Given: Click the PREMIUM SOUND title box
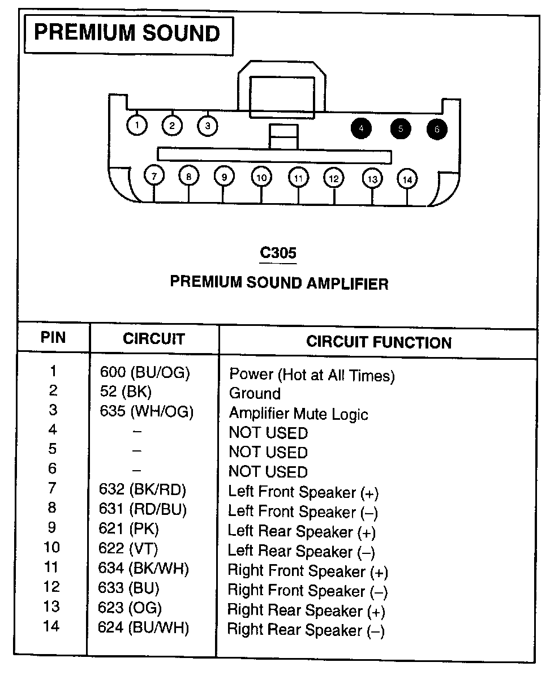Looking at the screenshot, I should [x=128, y=33].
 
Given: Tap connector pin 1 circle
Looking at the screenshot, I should [x=137, y=126].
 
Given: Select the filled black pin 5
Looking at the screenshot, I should [x=400, y=129].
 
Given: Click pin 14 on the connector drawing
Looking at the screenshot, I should [x=407, y=179].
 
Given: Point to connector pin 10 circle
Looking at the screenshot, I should [x=261, y=177].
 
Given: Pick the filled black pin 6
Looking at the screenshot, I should [x=437, y=129].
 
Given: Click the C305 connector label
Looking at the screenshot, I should [x=278, y=253].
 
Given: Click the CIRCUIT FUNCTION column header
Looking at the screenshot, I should [x=379, y=342].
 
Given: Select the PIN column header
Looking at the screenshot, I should [x=53, y=338].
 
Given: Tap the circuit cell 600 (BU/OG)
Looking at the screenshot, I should [x=145, y=372].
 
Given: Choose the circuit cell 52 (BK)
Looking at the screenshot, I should [x=125, y=391].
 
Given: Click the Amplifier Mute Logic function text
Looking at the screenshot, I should [x=298, y=414].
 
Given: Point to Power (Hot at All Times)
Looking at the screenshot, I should [x=311, y=375].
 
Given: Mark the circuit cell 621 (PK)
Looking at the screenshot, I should [x=129, y=529].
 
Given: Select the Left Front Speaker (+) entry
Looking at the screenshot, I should [x=303, y=492].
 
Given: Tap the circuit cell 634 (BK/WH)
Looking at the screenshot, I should [x=144, y=567].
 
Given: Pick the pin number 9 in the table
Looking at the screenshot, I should [x=52, y=528].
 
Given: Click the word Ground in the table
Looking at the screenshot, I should [x=255, y=394].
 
